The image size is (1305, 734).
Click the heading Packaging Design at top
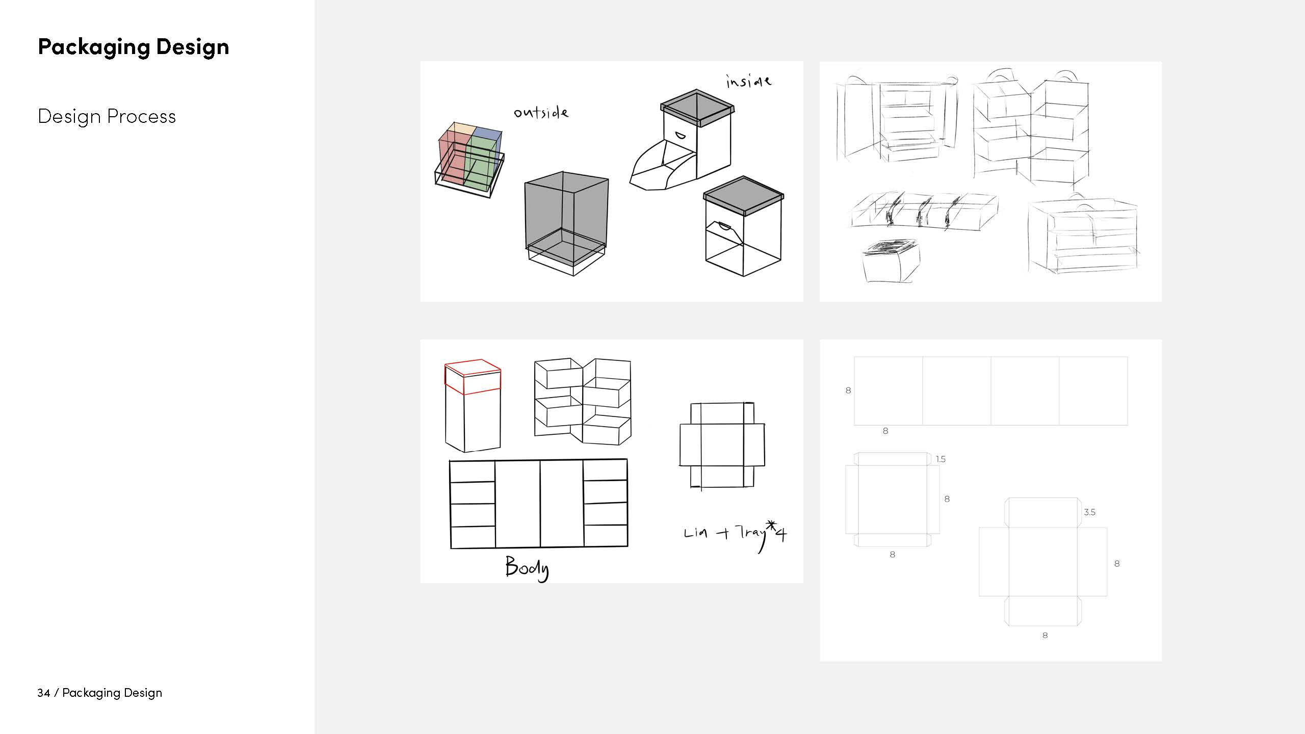134,47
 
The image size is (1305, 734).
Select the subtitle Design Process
107,117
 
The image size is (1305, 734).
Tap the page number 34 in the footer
43,693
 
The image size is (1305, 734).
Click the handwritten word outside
541,112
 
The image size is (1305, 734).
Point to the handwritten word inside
748,82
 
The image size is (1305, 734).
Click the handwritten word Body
527,567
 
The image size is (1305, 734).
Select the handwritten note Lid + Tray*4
735,535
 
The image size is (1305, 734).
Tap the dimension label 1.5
941,459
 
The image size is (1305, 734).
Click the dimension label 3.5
1089,512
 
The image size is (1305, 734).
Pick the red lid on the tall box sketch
473,377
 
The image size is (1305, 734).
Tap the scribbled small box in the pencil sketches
891,260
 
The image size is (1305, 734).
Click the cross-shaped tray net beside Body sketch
722,445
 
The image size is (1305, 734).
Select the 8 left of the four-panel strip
848,390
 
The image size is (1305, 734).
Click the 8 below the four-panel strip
885,431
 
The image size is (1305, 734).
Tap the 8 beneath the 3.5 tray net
1045,636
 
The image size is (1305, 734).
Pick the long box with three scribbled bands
924,212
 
